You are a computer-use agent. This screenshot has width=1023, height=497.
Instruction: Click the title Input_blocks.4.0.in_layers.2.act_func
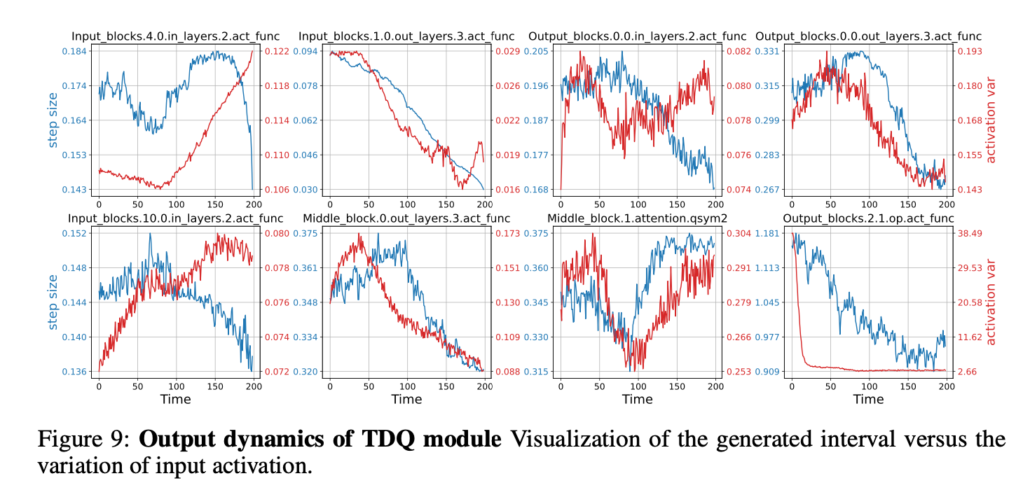[x=175, y=36]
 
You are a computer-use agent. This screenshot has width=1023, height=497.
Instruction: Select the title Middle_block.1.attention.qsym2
[x=637, y=218]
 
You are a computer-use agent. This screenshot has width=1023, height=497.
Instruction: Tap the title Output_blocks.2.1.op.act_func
[x=868, y=218]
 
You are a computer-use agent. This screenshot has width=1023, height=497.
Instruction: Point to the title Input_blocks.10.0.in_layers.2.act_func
[x=175, y=218]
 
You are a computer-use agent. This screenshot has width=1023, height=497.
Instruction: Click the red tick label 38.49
[x=971, y=233]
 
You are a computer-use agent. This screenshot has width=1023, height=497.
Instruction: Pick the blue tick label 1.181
[x=769, y=233]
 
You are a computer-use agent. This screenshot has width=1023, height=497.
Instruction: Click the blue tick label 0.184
[x=74, y=51]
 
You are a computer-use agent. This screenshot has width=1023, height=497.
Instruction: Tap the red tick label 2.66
[x=969, y=372]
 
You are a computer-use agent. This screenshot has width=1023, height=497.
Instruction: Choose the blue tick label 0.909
[x=769, y=372]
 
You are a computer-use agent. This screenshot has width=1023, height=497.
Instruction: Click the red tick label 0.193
[x=970, y=51]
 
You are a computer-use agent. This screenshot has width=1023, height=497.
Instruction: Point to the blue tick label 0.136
[x=74, y=372]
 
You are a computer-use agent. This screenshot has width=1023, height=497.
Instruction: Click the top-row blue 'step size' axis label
[x=53, y=120]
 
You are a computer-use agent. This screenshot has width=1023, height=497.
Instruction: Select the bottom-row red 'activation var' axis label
[x=991, y=302]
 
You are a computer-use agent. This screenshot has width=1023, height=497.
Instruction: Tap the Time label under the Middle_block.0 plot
[x=406, y=399]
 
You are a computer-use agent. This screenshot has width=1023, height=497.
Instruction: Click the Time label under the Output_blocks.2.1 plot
[x=868, y=399]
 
